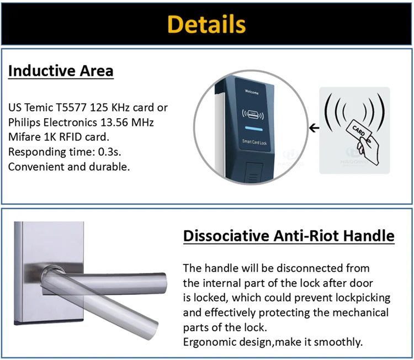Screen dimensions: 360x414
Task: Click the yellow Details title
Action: coord(206,24)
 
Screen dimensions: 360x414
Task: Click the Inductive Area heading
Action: coord(61,71)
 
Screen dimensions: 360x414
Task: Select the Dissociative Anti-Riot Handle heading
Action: coord(288,236)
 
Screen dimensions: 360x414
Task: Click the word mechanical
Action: coord(361,313)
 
